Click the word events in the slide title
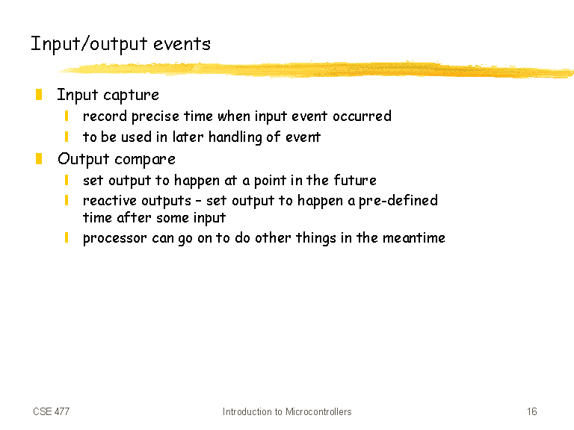182,44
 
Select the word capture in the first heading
131,96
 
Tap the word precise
155,116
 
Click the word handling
235,137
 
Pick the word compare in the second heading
145,160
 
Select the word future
355,180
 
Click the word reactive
110,200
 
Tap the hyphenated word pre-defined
398,201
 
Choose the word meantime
413,237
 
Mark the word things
316,238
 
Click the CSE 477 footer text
52,412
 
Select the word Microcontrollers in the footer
318,412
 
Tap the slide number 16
532,412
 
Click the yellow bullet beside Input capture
39,94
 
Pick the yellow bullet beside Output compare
39,159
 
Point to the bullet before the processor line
67,237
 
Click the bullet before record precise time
67,116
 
